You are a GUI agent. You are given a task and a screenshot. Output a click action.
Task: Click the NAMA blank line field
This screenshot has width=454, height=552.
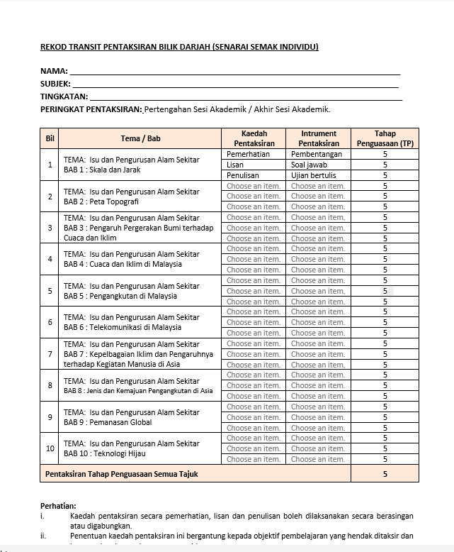234,71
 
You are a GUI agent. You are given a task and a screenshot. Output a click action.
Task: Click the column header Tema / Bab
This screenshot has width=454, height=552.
140,138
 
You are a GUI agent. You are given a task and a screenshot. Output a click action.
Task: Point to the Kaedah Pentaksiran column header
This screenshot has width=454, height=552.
254,138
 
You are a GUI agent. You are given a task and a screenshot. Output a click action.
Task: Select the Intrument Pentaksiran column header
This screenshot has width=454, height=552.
318,138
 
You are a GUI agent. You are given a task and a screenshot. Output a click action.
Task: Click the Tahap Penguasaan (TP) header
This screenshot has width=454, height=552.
385,138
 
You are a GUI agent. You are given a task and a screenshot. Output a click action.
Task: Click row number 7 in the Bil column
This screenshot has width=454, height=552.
50,354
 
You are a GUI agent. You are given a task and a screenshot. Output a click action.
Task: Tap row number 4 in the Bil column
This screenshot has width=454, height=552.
50,259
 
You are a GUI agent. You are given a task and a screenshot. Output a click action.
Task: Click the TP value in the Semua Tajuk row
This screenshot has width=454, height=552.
385,473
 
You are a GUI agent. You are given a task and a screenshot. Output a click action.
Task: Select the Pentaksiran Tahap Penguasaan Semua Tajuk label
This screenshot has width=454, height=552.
121,473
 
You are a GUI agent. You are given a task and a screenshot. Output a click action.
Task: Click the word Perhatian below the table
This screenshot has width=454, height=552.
58,505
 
